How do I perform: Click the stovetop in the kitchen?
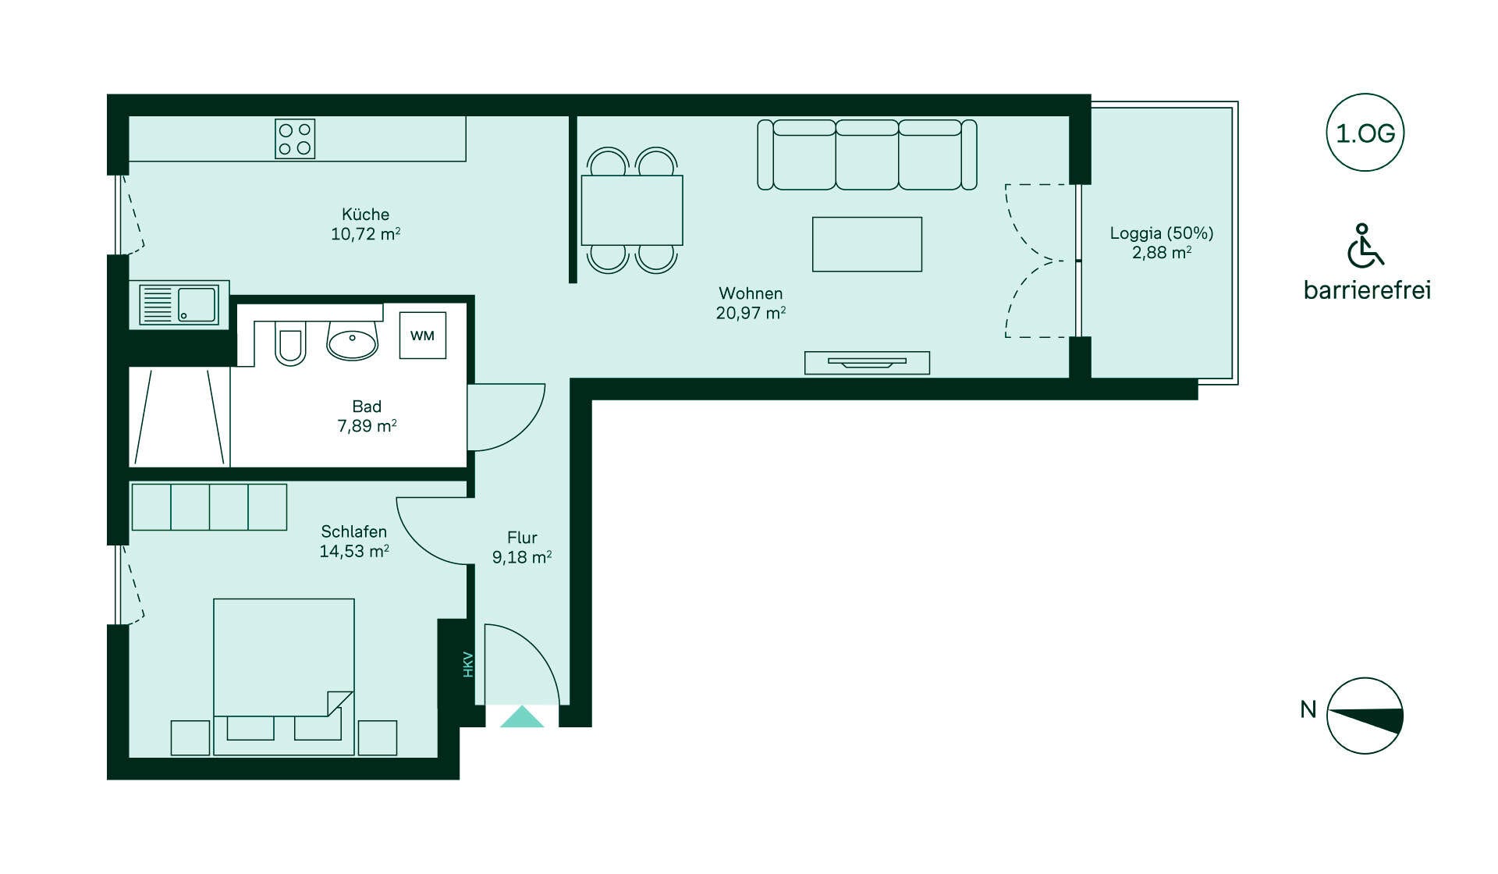tap(295, 139)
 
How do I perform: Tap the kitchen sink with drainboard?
tap(179, 304)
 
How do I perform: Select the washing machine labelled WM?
tap(423, 336)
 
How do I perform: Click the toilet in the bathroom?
tap(289, 343)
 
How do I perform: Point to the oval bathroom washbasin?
tap(353, 341)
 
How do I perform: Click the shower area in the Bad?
tap(179, 417)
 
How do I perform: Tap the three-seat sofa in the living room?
tap(867, 155)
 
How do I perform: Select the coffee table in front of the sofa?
tap(867, 244)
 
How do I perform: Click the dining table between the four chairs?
tap(632, 210)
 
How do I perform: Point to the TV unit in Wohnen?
tap(867, 363)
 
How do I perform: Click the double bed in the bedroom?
tap(284, 677)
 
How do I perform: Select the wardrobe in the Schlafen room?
tap(209, 507)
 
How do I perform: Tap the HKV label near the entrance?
tap(468, 664)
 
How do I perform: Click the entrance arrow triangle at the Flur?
tap(522, 717)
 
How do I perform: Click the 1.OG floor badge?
tap(1365, 133)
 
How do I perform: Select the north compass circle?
tap(1365, 716)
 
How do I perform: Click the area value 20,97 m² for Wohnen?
tap(751, 313)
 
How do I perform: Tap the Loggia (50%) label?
tap(1162, 233)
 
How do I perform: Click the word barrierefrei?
tap(1367, 290)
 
